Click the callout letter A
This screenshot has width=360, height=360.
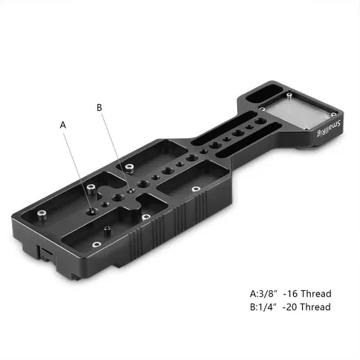tap(63, 125)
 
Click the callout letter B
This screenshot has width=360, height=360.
tap(99, 108)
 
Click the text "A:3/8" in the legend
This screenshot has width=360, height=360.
tap(263, 294)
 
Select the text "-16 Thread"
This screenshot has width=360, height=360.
tap(307, 294)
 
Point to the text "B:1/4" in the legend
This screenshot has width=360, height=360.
tap(263, 307)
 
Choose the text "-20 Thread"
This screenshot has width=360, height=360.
tap(306, 307)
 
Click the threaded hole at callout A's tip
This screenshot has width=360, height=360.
tap(91, 211)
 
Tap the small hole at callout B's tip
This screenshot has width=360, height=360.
tap(131, 191)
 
